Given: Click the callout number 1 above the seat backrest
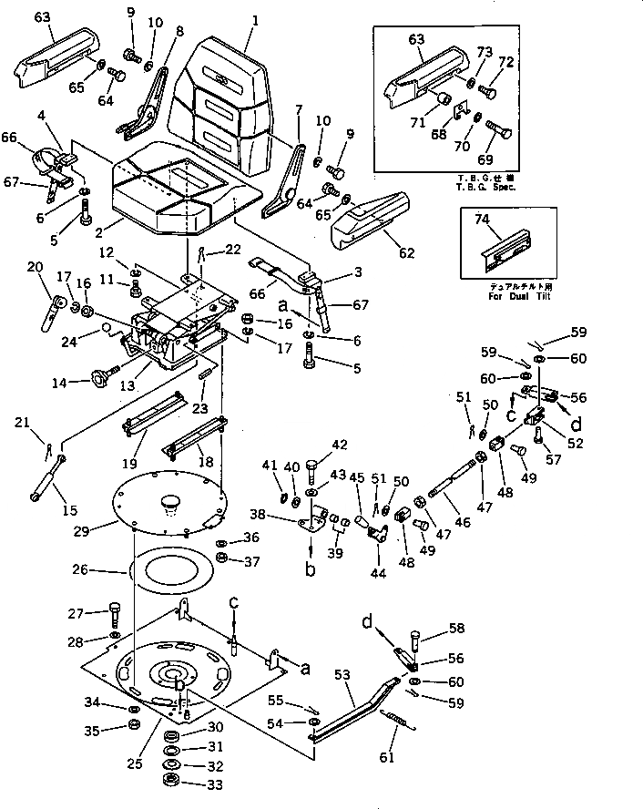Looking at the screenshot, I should tap(255, 20).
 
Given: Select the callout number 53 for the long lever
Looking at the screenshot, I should tap(342, 676).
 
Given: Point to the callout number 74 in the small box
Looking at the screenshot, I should tap(481, 219).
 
